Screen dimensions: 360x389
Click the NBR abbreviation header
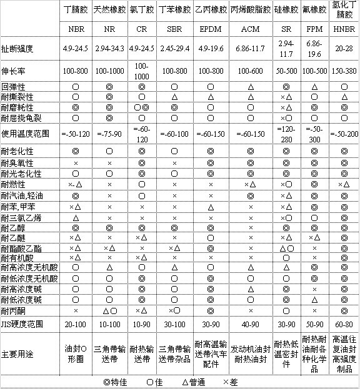tap(76, 29)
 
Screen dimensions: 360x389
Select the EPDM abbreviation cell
tap(211, 29)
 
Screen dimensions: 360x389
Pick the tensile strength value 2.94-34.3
tap(109, 47)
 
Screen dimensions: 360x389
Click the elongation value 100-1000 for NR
tap(109, 71)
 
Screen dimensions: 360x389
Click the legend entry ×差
tap(229, 380)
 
